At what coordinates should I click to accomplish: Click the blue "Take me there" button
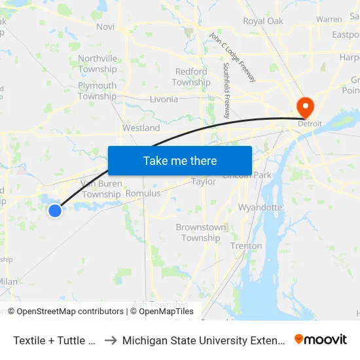coord(180,160)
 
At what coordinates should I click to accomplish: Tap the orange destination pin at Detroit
coord(305,106)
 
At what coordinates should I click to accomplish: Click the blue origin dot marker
coord(55,210)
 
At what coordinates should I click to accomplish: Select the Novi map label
coord(105,27)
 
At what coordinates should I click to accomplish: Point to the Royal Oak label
coord(262,21)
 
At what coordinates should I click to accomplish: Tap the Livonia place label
coord(163,99)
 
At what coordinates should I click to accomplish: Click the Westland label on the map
coord(141,128)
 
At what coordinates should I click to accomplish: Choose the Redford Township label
coord(191,77)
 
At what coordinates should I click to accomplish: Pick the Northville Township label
coord(98,63)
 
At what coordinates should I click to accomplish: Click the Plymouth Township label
coord(97,91)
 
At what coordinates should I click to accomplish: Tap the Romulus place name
coord(143,194)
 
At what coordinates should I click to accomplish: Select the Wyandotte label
coord(260,207)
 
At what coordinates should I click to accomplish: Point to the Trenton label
coord(246,246)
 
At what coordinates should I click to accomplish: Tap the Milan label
coord(8,281)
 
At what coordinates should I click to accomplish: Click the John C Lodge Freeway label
coord(232,58)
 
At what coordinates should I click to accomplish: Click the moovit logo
coord(320,339)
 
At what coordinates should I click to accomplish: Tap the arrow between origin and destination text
coord(111,340)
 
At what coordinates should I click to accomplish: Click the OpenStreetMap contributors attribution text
coord(65,312)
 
